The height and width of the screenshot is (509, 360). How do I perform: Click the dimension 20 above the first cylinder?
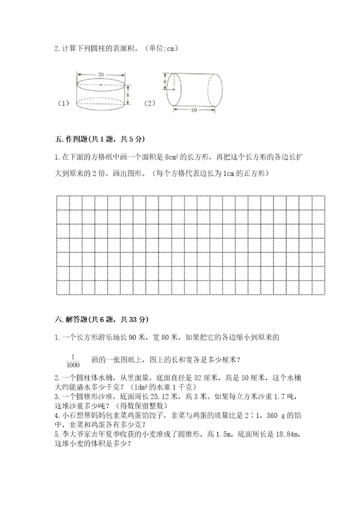101,74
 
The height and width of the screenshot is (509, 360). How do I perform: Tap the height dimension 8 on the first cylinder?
127,94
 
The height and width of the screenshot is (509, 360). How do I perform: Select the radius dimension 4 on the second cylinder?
164,80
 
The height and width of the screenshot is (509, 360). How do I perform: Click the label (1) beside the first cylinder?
63,103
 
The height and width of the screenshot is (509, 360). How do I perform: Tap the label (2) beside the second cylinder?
149,103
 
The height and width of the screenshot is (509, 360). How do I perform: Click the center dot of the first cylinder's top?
101,84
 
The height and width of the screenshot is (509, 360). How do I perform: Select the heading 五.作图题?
77,138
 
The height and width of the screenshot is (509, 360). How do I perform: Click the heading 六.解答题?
77,319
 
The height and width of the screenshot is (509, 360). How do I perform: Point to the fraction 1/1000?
72,360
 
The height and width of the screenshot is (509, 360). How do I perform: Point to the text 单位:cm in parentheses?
161,48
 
